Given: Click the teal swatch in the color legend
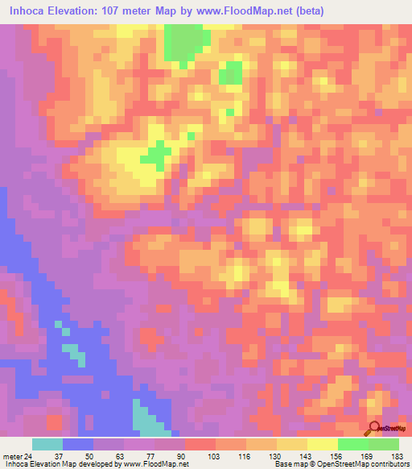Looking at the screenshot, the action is pos(47,444).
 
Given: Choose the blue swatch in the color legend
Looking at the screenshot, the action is pos(78,444).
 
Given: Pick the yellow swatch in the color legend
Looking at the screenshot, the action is pos(323,444).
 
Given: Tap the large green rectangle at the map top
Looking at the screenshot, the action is pos(184,41).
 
